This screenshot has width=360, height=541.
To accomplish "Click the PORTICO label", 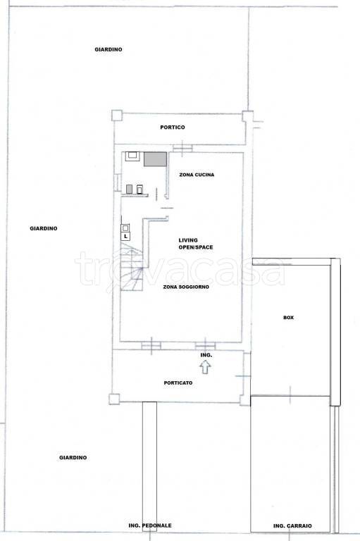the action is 173,128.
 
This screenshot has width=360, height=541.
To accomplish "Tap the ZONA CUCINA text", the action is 197,175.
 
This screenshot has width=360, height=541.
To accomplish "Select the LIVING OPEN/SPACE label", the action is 196,244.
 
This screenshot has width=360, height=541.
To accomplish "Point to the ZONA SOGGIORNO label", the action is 186,287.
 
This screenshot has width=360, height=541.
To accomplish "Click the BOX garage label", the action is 289,318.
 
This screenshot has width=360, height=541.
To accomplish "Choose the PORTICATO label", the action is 178,383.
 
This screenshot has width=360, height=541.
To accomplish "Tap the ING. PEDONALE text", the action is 150,526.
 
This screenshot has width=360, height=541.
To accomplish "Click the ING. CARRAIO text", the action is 292,526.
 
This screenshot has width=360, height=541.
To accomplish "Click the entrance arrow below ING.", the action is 206,367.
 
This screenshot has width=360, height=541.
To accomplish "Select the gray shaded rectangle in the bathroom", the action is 155,159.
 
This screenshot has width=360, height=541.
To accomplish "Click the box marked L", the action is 125,237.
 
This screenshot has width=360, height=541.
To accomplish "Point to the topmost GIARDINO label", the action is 108,50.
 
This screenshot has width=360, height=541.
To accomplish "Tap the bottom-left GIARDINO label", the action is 73,458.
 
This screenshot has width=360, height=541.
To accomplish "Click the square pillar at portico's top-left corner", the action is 117,116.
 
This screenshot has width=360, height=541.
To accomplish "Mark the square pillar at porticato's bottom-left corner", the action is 114,399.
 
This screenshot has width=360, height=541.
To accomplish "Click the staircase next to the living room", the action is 132,267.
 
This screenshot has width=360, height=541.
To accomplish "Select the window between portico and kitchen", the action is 182,149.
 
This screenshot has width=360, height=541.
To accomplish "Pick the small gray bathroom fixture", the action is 130,189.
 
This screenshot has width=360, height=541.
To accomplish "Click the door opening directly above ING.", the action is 206,346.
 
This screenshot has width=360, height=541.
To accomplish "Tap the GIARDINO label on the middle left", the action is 44,229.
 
